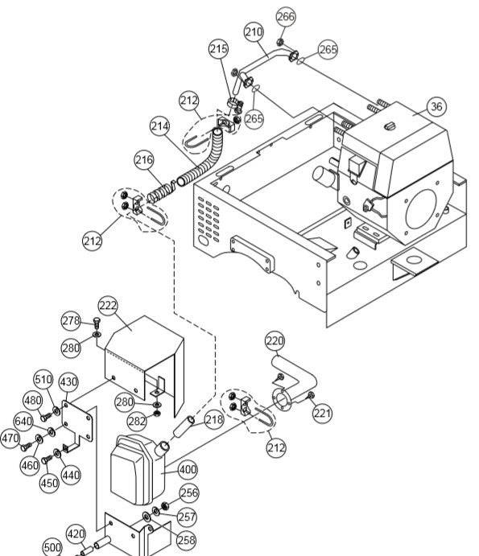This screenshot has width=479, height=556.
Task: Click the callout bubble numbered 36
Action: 436,106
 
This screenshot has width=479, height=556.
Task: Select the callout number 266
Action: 286,17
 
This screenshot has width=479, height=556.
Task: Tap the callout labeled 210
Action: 254,33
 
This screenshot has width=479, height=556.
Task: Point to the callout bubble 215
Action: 218,50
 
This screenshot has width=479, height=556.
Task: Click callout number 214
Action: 160,126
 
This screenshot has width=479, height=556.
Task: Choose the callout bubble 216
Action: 144,160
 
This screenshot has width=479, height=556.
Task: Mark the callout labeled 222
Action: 109,306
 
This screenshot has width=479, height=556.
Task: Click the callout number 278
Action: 72,321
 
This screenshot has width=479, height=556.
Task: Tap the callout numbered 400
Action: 188,469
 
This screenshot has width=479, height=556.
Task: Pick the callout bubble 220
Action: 275,341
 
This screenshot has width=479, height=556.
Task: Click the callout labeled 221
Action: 323,414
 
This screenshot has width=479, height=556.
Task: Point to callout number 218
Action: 213,419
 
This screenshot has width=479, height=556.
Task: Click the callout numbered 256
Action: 188,493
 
